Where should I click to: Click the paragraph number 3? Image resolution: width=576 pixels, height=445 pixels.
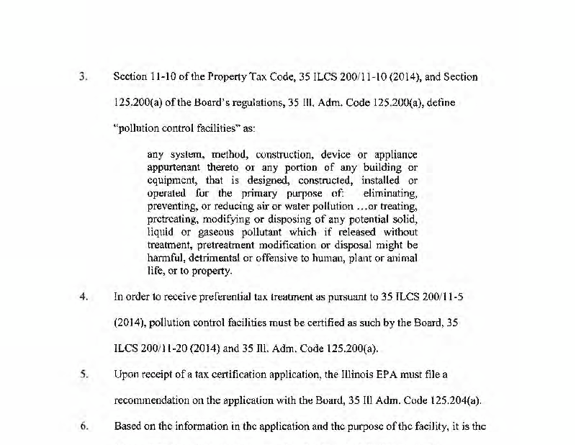[84, 76]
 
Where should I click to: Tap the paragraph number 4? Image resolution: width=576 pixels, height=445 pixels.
[84, 296]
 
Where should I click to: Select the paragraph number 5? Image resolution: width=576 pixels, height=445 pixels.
[84, 374]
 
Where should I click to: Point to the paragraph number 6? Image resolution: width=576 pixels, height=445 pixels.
[84, 426]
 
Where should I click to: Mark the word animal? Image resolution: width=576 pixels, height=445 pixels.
[400, 259]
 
